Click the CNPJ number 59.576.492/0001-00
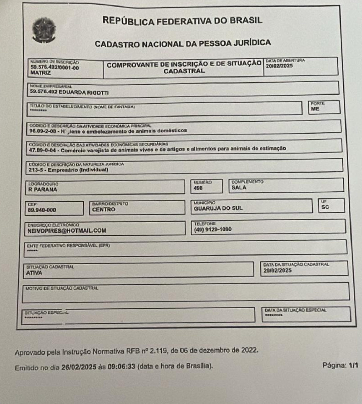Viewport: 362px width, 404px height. pos(54,68)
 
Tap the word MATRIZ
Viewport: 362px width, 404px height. pos(40,73)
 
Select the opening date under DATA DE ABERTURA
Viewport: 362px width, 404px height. pos(279,66)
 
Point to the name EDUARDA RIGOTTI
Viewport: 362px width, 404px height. pos(84,92)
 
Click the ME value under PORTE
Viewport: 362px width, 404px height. pos(315,109)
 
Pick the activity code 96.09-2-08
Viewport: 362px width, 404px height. pos(42,131)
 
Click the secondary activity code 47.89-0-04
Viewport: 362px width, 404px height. pos(42,150)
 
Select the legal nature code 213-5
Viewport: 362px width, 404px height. pos(36,170)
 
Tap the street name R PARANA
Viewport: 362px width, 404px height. pos(42,190)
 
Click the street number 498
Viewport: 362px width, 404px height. pos(198,188)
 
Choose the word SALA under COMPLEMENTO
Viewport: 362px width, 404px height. pos(239,187)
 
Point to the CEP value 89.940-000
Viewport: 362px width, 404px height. pos(42,210)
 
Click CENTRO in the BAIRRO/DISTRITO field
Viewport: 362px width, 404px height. pos(103,209)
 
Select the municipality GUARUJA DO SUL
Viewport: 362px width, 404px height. pos(218,208)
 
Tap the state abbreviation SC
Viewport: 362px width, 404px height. pos(325,207)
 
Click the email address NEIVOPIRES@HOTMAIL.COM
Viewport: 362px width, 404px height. pos(67,231)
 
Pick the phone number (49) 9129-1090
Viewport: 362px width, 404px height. pos(213,229)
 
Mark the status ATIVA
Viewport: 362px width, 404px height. pos(34,273)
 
